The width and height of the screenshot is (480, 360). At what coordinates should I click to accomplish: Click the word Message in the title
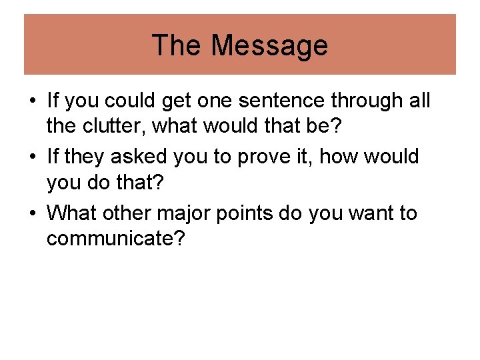(269, 45)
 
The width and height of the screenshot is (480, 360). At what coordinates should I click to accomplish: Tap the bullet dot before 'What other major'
(33, 215)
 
